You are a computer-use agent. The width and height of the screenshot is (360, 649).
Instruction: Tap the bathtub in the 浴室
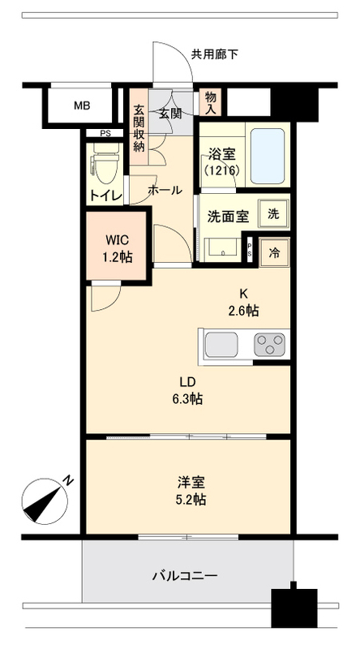pos(268,156)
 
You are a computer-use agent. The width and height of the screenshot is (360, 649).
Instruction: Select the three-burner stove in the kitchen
pos(269,345)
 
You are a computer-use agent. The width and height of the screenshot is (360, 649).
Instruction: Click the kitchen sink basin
pos(221,344)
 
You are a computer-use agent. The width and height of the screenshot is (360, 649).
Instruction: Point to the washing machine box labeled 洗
pos(273,214)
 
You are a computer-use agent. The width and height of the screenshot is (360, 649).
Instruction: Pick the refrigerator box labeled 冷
pos(274,252)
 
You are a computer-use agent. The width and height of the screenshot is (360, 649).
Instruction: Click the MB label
pos(82,105)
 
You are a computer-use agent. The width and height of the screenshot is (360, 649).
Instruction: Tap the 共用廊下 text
pos(214,54)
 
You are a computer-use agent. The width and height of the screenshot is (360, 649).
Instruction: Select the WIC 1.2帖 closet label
pos(118,248)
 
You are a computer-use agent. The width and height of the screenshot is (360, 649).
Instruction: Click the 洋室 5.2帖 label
pos(191,491)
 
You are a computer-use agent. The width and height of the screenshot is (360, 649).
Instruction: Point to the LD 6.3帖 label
pos(187,390)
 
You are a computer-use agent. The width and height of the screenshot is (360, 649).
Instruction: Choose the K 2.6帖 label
pos(244,302)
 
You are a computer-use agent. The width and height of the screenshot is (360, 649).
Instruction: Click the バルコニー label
pos(185,576)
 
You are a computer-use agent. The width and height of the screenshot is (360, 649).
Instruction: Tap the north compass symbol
pos(45,501)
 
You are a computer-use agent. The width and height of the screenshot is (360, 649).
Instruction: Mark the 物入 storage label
pos(211,103)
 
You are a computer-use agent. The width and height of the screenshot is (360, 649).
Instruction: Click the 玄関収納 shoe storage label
pos(139,129)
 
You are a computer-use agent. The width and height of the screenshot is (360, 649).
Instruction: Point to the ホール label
pos(165,191)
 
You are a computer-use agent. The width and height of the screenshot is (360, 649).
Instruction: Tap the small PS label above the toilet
pos(105,133)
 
